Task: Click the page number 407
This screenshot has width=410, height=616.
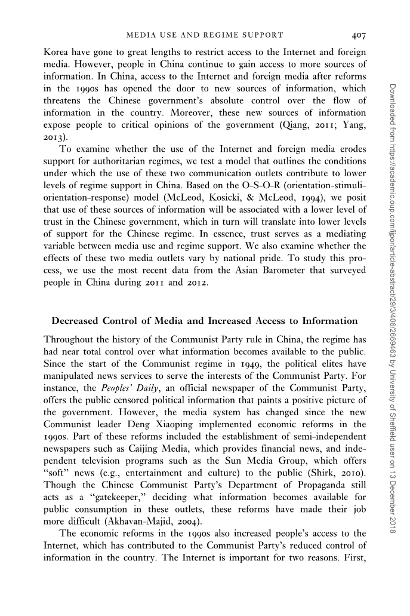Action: pyautogui.click(x=359, y=35)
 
